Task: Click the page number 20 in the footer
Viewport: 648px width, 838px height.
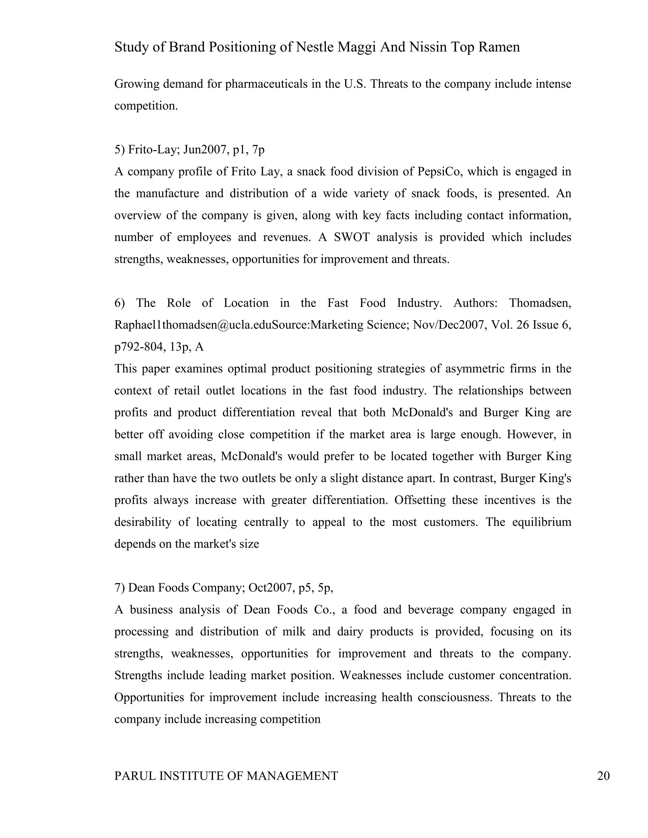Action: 603,776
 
